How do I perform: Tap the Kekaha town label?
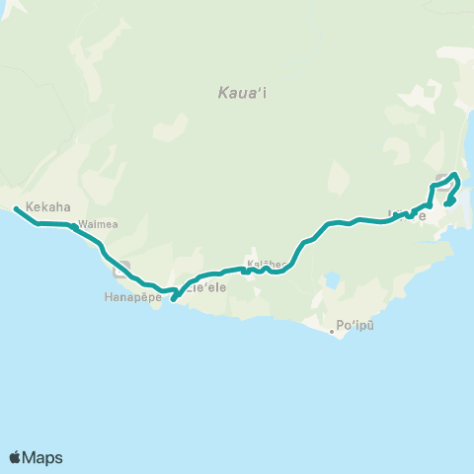pyautogui.click(x=47, y=207)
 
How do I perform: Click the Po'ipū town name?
pyautogui.click(x=356, y=324)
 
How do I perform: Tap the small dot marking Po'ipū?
pyautogui.click(x=332, y=332)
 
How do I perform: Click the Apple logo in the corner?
pyautogui.click(x=16, y=457)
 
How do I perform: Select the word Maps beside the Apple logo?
pyautogui.click(x=43, y=458)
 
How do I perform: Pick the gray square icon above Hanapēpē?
pyautogui.click(x=121, y=268)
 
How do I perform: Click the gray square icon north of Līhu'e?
pyautogui.click(x=440, y=180)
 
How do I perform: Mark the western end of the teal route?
pyautogui.click(x=16, y=208)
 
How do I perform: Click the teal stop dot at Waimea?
pyautogui.click(x=75, y=226)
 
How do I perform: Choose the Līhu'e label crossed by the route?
pyautogui.click(x=407, y=215)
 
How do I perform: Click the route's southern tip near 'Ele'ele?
pyautogui.click(x=173, y=300)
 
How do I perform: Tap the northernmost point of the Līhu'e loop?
pyautogui.click(x=454, y=175)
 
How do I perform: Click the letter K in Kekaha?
pyautogui.click(x=31, y=207)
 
